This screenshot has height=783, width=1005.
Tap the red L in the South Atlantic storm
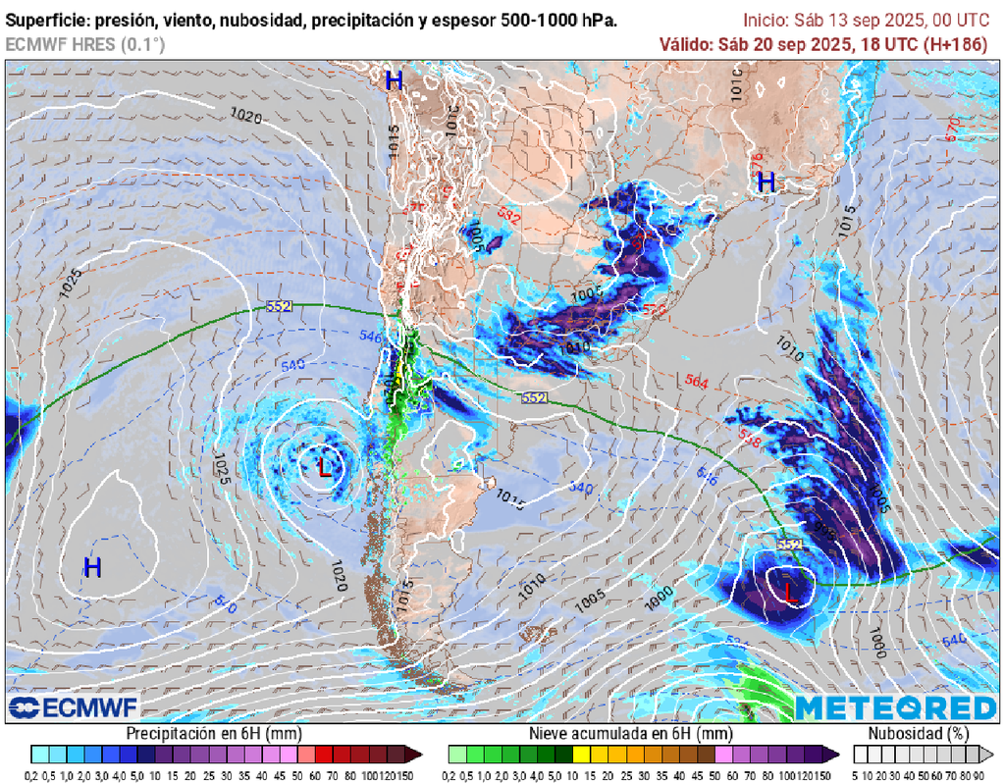click(x=791, y=591)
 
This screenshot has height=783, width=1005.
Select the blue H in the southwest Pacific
click(x=92, y=567)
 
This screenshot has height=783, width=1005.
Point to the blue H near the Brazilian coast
click(x=767, y=182)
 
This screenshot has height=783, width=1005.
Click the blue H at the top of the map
click(x=394, y=80)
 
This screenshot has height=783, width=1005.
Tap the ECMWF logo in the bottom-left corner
click(x=74, y=707)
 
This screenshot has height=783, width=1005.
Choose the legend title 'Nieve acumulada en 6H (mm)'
click(x=630, y=734)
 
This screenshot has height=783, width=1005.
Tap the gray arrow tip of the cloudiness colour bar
click(x=987, y=754)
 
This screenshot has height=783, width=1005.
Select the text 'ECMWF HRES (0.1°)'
click(x=85, y=44)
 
